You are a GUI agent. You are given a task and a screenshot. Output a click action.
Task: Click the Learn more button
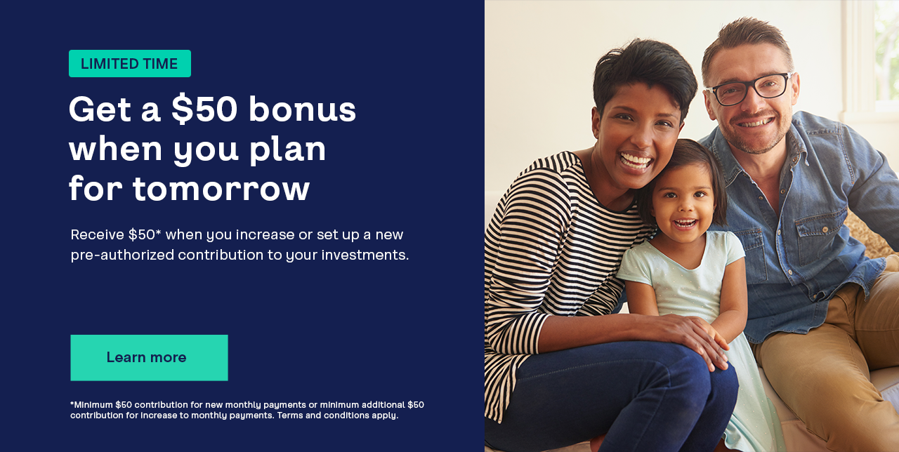tap(149, 358)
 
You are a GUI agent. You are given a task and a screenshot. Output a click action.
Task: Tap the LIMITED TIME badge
tap(130, 63)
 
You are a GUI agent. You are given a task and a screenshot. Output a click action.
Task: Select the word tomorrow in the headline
tap(221, 188)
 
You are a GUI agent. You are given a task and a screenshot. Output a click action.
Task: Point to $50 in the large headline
tap(204, 109)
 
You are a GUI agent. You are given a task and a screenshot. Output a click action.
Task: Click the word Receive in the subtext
tap(97, 234)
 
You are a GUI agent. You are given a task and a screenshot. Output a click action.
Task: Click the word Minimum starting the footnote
tap(93, 405)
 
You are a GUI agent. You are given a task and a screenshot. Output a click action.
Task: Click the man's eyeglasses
tap(749, 88)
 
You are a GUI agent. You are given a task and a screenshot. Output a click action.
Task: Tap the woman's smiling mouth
tap(636, 161)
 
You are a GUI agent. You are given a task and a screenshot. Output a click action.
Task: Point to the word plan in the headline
tap(287, 150)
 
